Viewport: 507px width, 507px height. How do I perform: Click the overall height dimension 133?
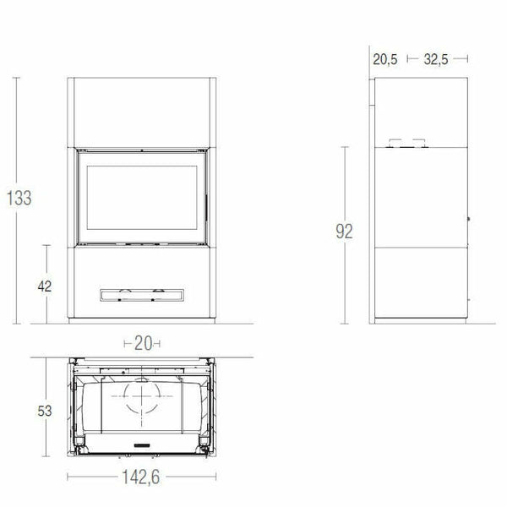[18, 199]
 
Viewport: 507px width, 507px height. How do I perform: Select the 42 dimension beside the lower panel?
[44, 286]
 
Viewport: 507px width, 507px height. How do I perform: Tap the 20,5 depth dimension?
[384, 59]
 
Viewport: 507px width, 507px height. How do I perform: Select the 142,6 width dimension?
[142, 477]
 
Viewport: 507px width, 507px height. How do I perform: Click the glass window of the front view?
[141, 196]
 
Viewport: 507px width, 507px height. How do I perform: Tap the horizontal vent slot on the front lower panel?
[141, 293]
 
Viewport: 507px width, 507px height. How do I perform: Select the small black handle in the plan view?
[141, 444]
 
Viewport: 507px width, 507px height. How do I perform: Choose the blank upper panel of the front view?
[141, 112]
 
